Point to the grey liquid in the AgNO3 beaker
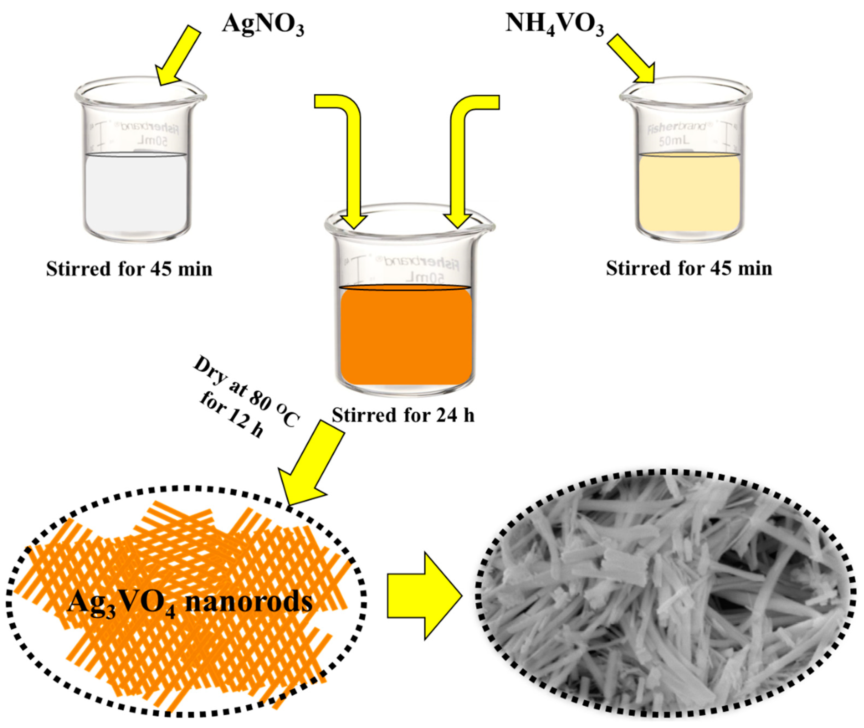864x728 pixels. click(x=136, y=192)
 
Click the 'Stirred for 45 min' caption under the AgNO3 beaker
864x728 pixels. click(x=129, y=269)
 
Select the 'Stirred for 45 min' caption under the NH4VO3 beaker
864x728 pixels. click(x=689, y=268)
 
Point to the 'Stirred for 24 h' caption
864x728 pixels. click(x=403, y=415)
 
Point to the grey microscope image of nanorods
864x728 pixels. click(x=665, y=596)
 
